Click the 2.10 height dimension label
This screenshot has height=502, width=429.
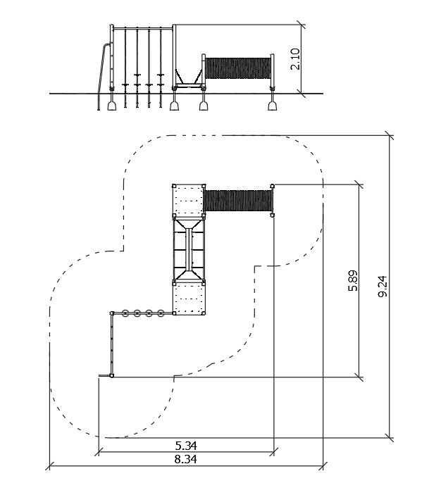pos(295,59)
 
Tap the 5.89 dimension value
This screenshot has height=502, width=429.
pos(353,280)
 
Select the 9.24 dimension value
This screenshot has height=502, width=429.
pos(383,287)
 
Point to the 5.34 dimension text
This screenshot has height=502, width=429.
pos(186,446)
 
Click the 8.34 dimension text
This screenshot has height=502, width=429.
pos(186,460)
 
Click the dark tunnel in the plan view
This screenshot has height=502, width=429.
pos(238,201)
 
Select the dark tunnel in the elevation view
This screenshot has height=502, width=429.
pos(237,68)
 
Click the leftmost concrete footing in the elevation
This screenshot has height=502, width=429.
pos(112,106)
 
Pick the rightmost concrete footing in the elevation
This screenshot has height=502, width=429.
pos(273,106)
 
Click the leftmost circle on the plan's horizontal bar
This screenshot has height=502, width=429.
pos(125,313)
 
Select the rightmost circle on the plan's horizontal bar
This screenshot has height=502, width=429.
pos(161,313)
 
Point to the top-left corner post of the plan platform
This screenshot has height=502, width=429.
pos(174,186)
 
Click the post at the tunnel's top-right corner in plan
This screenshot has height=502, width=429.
pos(273,186)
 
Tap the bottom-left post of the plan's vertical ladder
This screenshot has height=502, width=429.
pos(112,375)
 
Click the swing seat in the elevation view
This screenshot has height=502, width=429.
pos(189,85)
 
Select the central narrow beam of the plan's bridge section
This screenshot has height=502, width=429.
pos(189,250)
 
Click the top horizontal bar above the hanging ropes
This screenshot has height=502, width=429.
pos(143,29)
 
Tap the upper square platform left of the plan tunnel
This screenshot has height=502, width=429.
pos(189,201)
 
